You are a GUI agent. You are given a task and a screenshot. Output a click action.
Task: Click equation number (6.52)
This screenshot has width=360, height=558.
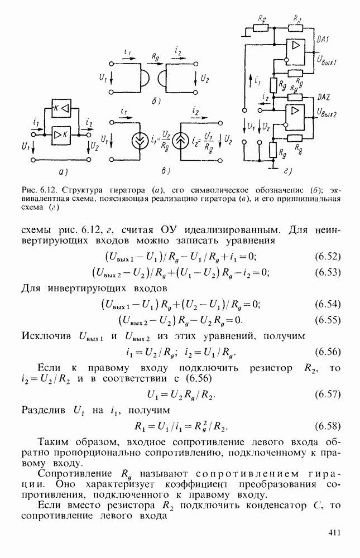coord(328,257)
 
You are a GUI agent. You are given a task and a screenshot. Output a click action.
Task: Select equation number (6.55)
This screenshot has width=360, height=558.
coord(328,320)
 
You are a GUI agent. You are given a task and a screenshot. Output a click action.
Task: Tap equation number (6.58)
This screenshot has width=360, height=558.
coord(328,426)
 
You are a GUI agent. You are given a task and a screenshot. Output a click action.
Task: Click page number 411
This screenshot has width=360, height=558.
coord(334,532)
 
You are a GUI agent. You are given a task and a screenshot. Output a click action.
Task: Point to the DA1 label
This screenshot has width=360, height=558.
coord(322,40)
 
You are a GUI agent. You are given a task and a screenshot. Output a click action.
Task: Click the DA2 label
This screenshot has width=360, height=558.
coord(323,97)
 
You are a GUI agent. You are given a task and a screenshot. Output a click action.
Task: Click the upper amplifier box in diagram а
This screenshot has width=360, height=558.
coord(61,108)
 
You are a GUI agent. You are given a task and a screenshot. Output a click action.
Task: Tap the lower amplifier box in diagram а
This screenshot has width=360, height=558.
coord(61,135)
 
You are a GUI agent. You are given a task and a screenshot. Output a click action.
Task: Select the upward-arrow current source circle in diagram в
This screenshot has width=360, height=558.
coord(180,141)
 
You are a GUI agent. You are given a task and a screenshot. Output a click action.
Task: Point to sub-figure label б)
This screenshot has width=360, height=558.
coord(156,102)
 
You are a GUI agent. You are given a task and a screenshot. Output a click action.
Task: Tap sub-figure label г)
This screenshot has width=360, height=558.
coord(287,171)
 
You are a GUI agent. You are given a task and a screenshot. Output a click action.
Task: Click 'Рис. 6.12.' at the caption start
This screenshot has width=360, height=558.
coord(37,190)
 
